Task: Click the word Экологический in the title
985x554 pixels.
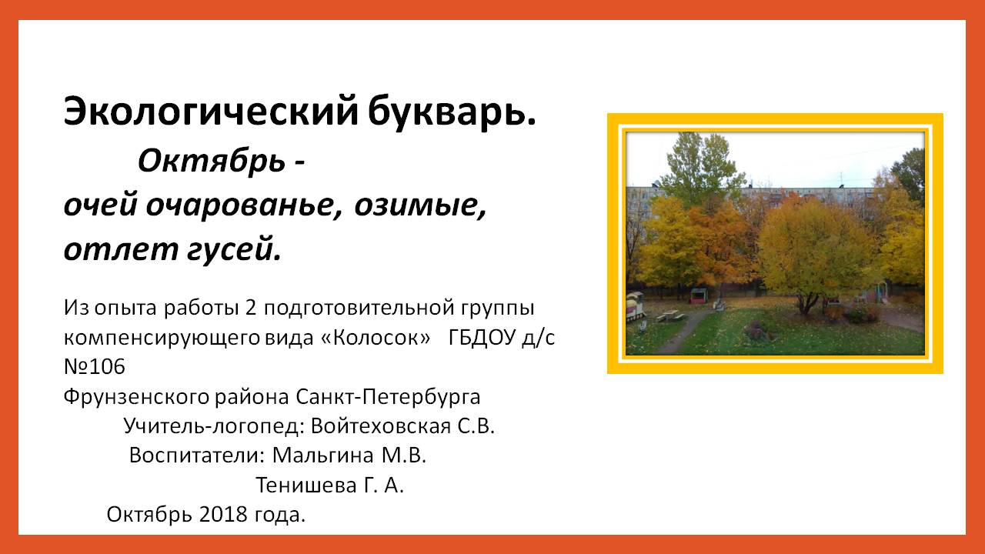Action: pos(211,112)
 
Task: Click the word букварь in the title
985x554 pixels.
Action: pos(452,112)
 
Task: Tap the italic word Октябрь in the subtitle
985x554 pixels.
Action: pos(212,161)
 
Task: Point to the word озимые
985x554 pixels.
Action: pos(420,205)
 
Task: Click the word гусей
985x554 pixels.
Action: pos(233,249)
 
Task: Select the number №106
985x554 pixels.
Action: pos(95,367)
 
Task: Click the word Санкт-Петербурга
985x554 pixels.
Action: pos(388,397)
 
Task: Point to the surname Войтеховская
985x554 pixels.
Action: pos(381,426)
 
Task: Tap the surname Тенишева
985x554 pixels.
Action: pos(306,486)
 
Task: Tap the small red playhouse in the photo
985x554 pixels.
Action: pos(698,296)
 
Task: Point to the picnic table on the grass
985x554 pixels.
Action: pos(669,315)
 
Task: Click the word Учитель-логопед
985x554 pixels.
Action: pos(213,426)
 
